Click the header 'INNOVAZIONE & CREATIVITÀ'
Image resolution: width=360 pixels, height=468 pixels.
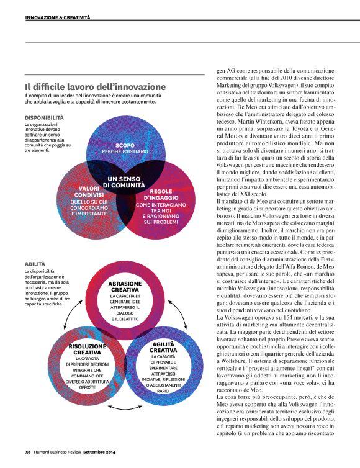tap(58, 19)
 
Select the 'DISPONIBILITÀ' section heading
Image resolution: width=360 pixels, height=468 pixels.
tap(44, 117)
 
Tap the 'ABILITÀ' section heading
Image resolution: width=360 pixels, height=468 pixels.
tap(34, 264)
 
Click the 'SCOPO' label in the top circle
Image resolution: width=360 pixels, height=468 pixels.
tap(125, 145)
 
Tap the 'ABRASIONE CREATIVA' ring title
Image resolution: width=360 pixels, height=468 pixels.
tap(125, 287)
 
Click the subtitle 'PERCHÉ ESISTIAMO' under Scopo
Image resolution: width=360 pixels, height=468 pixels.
tap(125, 152)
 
